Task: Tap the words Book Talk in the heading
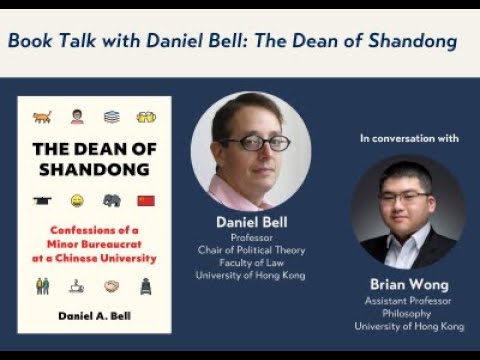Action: [50, 41]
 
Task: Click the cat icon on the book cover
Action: [42, 117]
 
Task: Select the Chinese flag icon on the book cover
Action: [146, 201]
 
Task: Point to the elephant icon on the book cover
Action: [111, 200]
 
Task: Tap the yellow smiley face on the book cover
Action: [77, 201]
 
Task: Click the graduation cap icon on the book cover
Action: [42, 201]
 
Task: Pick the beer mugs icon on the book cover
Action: [146, 117]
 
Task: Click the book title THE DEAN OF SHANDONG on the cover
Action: [94, 159]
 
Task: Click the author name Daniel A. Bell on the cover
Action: [94, 316]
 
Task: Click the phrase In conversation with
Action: [409, 138]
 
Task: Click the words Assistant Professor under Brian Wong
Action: [409, 299]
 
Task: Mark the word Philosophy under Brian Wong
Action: [409, 312]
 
